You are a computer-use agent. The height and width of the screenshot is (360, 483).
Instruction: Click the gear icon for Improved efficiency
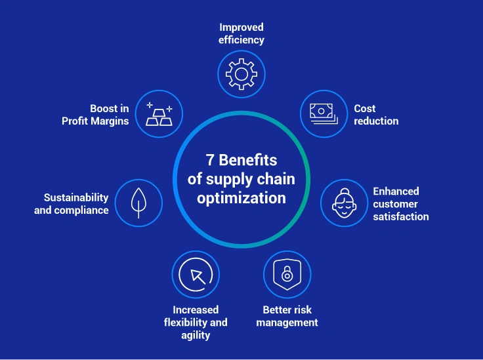(241, 74)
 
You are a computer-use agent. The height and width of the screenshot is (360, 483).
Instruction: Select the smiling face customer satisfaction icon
(344, 204)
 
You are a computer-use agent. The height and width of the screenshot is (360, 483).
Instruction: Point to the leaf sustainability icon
(138, 203)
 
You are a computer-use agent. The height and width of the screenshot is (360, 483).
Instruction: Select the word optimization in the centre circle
(241, 197)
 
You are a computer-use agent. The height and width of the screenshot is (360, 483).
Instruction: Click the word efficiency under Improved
(241, 40)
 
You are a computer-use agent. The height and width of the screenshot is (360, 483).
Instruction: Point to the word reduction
(376, 121)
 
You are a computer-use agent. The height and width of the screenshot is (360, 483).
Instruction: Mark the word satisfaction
(401, 216)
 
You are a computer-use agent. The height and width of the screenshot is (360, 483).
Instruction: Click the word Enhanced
(396, 191)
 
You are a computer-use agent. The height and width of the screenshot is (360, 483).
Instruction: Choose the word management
(287, 322)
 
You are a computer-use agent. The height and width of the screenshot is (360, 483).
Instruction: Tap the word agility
(196, 335)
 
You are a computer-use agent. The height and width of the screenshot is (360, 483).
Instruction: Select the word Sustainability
(76, 197)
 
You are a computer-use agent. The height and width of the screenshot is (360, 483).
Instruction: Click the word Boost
(104, 109)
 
